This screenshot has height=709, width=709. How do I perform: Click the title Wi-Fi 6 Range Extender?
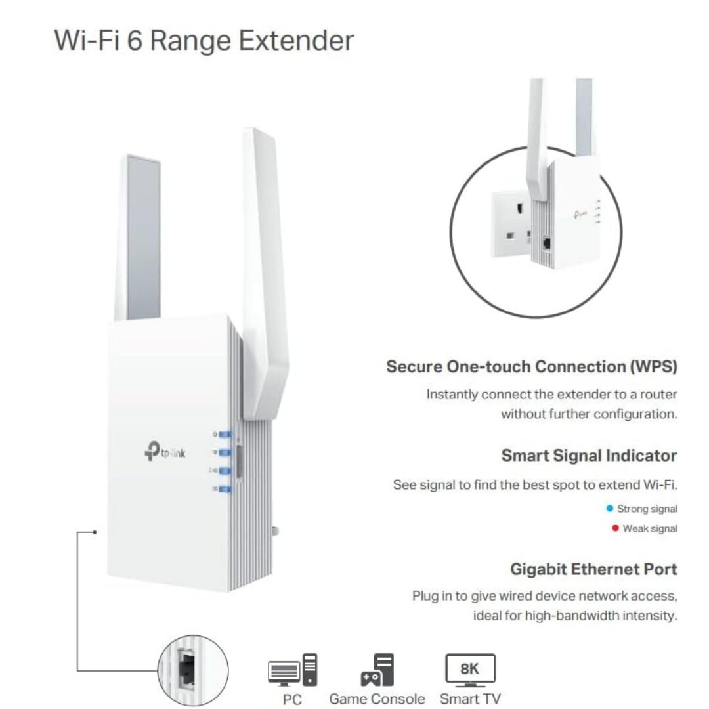[204, 40]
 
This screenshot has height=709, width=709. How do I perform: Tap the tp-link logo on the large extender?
[165, 451]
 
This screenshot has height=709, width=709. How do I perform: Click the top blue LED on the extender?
[225, 435]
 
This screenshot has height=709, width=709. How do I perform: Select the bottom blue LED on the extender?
[225, 489]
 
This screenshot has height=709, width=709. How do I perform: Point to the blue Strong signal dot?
[609, 509]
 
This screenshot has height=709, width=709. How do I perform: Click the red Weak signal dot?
[615, 528]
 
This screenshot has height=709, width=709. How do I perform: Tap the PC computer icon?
[293, 670]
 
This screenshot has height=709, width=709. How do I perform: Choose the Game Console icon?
[377, 670]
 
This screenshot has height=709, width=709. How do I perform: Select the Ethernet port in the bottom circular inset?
[186, 670]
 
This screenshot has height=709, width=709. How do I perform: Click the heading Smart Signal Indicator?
[589, 456]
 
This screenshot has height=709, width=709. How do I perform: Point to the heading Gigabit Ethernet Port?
[593, 569]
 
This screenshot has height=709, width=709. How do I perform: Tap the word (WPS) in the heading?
[654, 366]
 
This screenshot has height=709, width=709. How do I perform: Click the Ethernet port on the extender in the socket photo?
[547, 244]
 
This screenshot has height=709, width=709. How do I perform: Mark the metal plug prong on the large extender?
[275, 531]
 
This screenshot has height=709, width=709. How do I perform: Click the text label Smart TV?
[470, 698]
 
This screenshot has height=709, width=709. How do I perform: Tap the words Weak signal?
[650, 528]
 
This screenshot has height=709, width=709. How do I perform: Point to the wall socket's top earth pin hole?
[522, 209]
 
